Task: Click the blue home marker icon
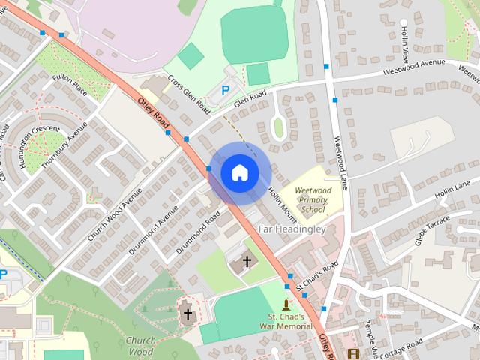coord(239,172)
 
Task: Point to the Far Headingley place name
coord(292,228)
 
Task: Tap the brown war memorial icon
coord(286,304)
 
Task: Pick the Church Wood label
coord(140,345)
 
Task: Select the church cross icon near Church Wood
coord(187,313)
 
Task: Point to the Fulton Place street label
coord(70,84)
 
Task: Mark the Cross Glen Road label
coord(189,94)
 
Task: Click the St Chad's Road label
coord(317,275)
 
